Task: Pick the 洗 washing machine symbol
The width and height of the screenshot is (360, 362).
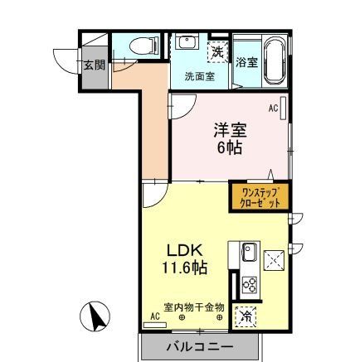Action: coord(217,51)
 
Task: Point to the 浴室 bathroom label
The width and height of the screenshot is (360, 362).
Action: coord(246,62)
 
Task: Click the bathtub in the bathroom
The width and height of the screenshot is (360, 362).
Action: coord(272,60)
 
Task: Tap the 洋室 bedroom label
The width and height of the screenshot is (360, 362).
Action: coord(230,130)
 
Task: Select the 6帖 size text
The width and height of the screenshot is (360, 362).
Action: coord(230,150)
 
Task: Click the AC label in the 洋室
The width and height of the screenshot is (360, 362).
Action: coord(272,109)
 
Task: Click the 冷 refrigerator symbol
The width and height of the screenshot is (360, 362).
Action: coord(246,316)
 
